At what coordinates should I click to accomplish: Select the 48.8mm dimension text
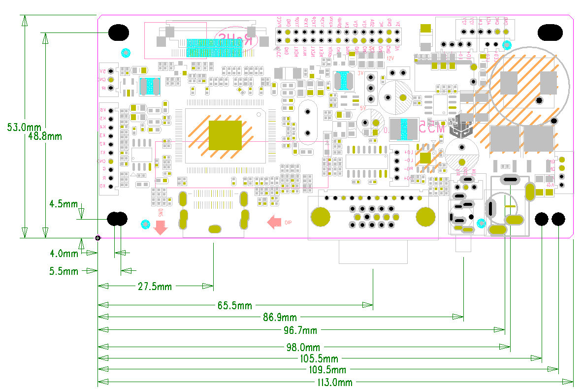pos(45,136)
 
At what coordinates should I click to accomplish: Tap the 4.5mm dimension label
pos(63,203)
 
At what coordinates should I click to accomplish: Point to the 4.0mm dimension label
pos(64,254)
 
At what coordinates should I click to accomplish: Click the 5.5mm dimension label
pos(64,271)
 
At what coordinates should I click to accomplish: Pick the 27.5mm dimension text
pos(155,286)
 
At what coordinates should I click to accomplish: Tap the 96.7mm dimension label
pos(300,329)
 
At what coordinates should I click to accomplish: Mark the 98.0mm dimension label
pos(303,348)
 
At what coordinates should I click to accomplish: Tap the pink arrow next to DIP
pos(274,223)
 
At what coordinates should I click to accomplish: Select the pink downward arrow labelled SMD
pos(160,227)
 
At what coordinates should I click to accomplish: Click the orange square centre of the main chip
pos(226,135)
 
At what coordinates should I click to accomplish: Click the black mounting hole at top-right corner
pos(550,32)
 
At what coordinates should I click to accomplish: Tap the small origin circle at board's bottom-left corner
pos(98,238)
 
